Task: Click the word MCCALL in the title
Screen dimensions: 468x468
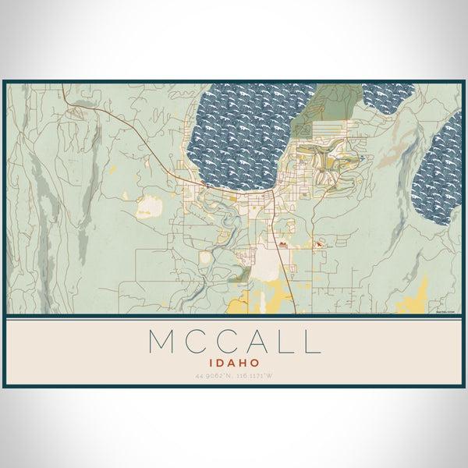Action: click(233, 342)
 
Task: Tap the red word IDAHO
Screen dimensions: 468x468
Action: click(233, 363)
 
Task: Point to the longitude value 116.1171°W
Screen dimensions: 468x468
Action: click(257, 376)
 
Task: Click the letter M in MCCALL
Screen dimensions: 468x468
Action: click(161, 342)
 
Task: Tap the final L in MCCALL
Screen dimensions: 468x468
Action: click(312, 342)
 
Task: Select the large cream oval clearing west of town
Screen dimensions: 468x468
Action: click(148, 207)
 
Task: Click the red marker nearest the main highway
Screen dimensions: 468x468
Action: click(282, 244)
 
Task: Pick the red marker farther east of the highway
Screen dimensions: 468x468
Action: click(320, 243)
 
